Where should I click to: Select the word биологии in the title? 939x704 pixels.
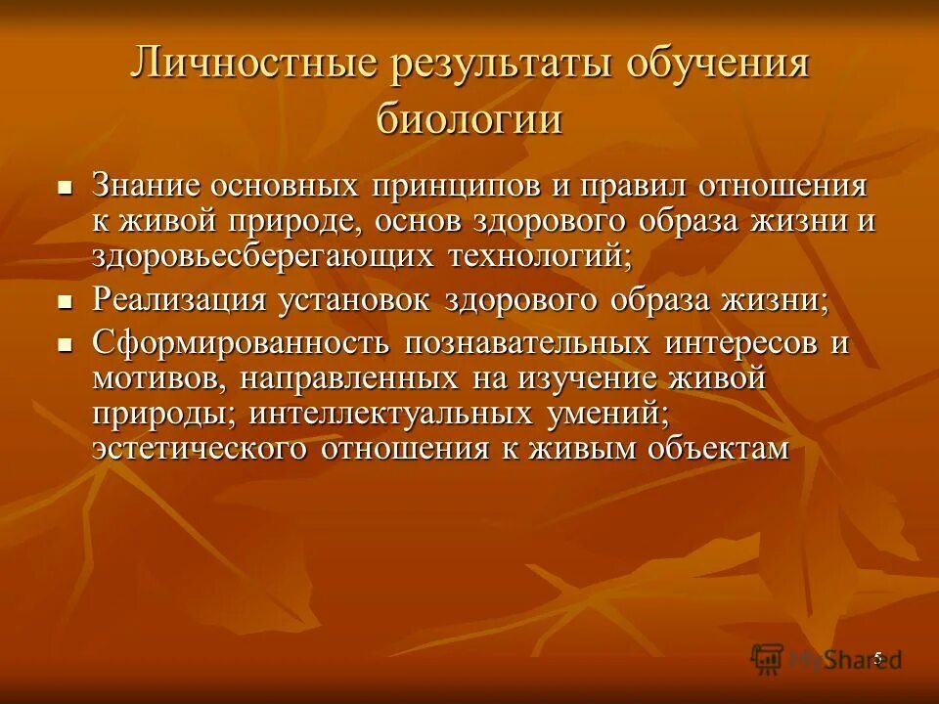469,121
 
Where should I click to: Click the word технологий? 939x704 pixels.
541,256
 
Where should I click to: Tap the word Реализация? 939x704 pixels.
179,300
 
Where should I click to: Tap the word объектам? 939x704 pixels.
717,449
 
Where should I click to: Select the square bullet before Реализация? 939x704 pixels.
66,301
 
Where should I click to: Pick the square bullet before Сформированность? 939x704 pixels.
66,345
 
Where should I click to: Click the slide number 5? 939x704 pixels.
877,657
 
